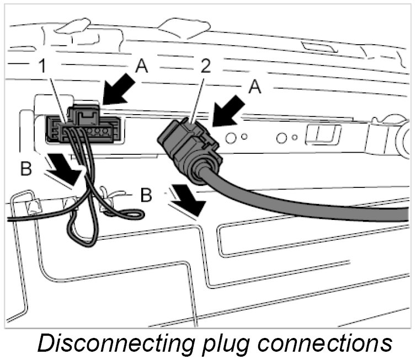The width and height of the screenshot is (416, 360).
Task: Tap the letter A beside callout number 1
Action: point(141,68)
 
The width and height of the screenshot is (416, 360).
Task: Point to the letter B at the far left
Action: point(26,169)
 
